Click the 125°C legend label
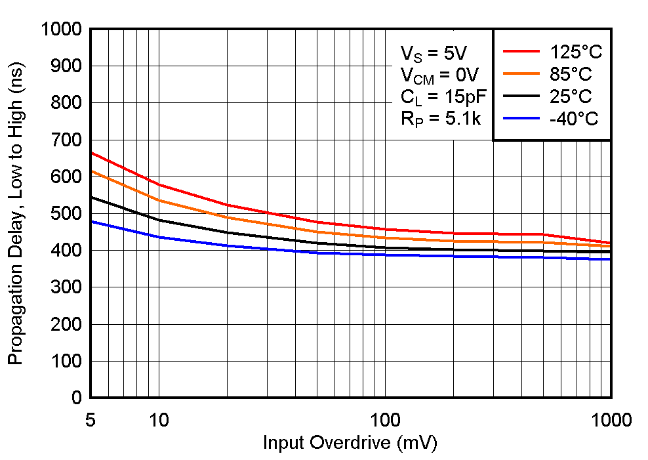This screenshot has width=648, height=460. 576,52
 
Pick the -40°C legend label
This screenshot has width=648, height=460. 573,119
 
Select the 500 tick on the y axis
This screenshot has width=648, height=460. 67,214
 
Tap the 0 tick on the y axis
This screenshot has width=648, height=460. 77,398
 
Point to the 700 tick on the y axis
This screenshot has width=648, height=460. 67,140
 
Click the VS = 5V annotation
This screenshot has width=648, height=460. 434,53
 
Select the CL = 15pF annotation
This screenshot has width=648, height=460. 444,98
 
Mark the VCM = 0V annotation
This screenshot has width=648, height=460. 440,75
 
